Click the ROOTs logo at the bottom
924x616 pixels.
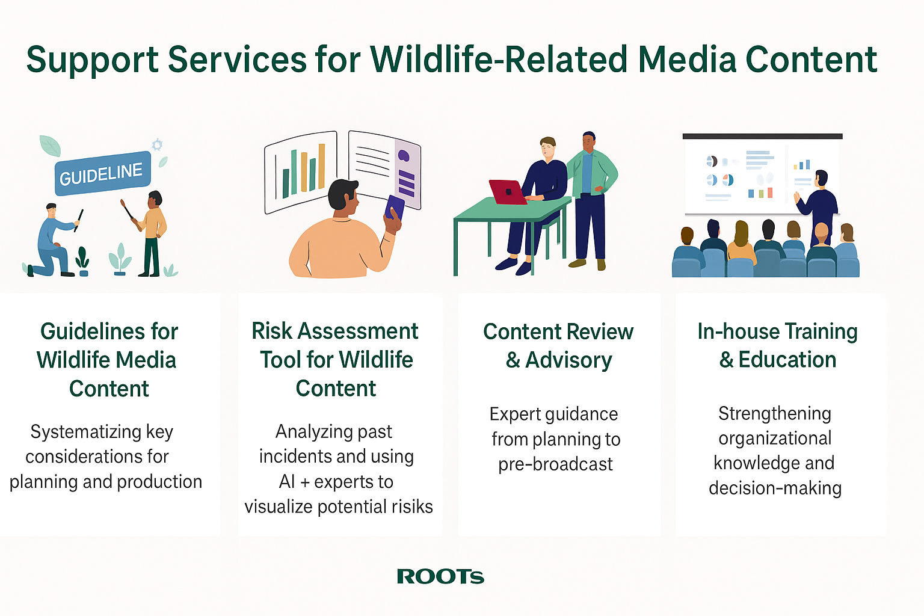pos(440,576)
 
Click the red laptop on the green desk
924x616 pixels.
pos(508,192)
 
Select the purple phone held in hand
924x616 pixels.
pos(395,208)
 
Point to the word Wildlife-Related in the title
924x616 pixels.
pos(499,60)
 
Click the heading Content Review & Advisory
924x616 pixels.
pos(558,346)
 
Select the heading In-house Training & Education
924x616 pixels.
pos(778,345)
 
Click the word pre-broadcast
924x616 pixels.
pos(555,464)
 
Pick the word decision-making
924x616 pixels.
pos(775,488)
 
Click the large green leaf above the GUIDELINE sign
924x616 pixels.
pos(51,146)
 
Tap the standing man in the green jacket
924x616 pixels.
pos(591,201)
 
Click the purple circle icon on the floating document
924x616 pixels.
pos(403,156)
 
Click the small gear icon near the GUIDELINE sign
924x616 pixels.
pos(157,145)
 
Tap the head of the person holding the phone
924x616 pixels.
pos(343,197)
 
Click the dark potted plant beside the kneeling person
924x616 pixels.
pos(82,260)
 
